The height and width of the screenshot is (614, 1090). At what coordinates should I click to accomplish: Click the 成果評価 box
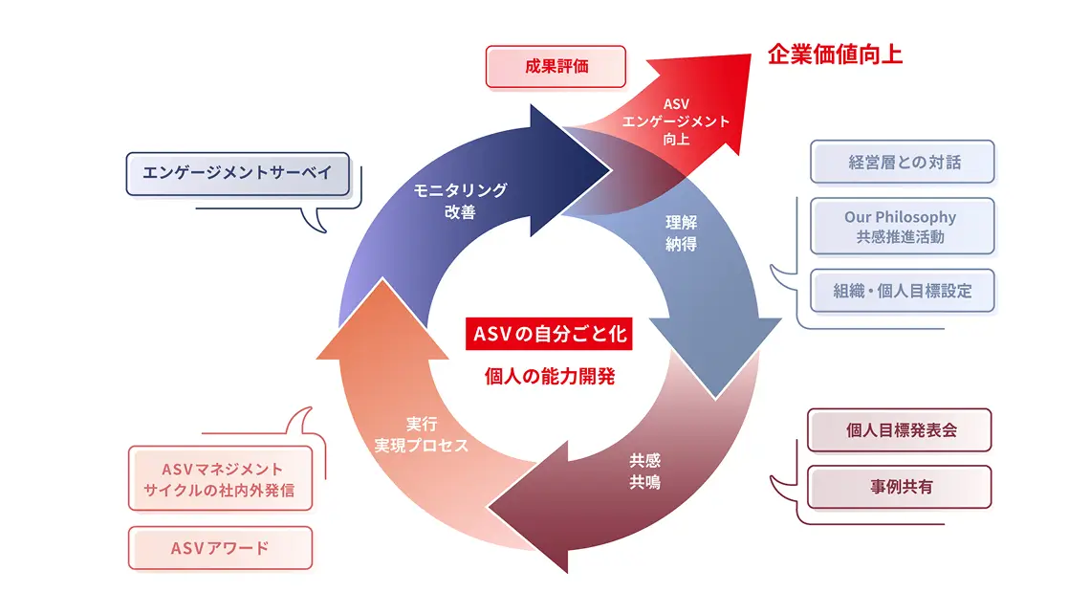coord(556,68)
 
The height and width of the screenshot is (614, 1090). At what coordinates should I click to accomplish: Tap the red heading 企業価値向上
coord(835,54)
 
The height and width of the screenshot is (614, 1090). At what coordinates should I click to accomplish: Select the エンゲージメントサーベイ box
coord(237,173)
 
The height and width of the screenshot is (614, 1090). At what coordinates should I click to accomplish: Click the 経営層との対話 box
coord(903,162)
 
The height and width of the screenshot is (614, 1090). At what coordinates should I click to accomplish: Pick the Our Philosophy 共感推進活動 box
coord(903,227)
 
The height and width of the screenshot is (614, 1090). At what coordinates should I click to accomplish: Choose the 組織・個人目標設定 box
coord(903,291)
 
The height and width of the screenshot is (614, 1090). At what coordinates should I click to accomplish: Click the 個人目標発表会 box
coord(900,429)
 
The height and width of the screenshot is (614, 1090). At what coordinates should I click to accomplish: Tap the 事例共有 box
coord(900,487)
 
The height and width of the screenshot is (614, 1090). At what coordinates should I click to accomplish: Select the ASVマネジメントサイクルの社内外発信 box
coord(220,479)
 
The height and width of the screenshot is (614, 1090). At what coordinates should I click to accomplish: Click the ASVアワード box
coord(220,548)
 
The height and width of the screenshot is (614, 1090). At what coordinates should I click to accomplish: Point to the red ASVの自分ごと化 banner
coord(549,335)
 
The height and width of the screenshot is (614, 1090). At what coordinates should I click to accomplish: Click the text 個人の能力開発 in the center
coord(549,376)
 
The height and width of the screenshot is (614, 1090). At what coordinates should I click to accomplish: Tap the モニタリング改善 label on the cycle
coord(460,201)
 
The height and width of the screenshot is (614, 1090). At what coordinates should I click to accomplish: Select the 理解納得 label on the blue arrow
coord(681,233)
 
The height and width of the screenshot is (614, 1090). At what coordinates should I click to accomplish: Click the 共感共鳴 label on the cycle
coord(644,471)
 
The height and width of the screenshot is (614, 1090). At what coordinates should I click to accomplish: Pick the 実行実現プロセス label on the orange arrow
coord(422,434)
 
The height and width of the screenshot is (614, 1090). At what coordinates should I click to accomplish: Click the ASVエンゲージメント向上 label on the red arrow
coord(676,121)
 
